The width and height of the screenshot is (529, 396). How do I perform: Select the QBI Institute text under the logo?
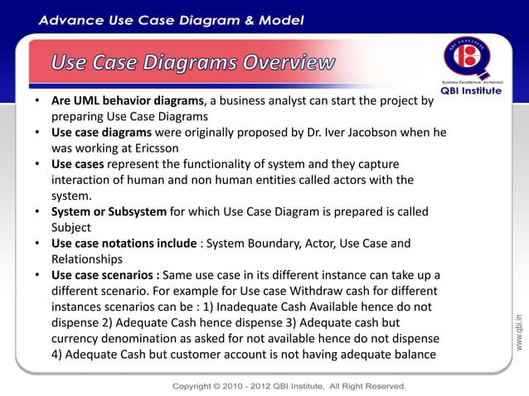(470, 91)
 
